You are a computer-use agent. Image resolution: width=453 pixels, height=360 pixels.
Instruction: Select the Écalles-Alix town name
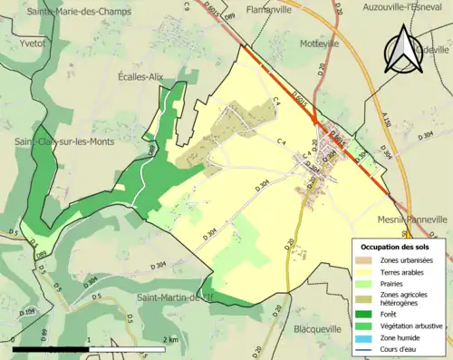(140, 77)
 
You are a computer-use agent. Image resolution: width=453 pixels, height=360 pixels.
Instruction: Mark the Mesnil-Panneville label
(411, 219)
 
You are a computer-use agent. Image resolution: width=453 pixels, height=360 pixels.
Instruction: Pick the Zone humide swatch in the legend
(366, 338)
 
